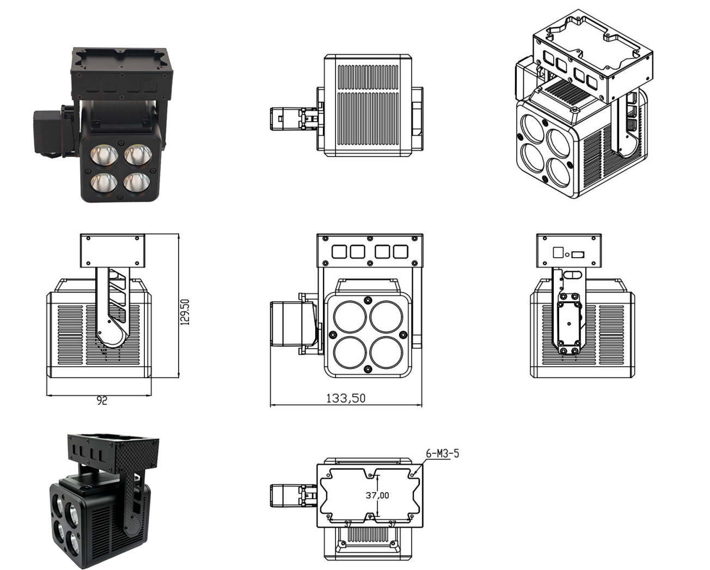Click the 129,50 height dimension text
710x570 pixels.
(186, 312)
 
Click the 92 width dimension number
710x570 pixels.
(102, 401)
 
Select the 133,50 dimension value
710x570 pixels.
(346, 398)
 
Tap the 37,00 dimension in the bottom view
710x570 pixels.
(377, 495)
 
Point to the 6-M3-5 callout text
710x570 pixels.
(443, 454)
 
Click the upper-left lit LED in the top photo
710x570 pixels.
(104, 155)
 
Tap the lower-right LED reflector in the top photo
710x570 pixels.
(137, 183)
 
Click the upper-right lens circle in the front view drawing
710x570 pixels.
(387, 317)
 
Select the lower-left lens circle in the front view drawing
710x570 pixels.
(350, 353)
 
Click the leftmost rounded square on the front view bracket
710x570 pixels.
(339, 252)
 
